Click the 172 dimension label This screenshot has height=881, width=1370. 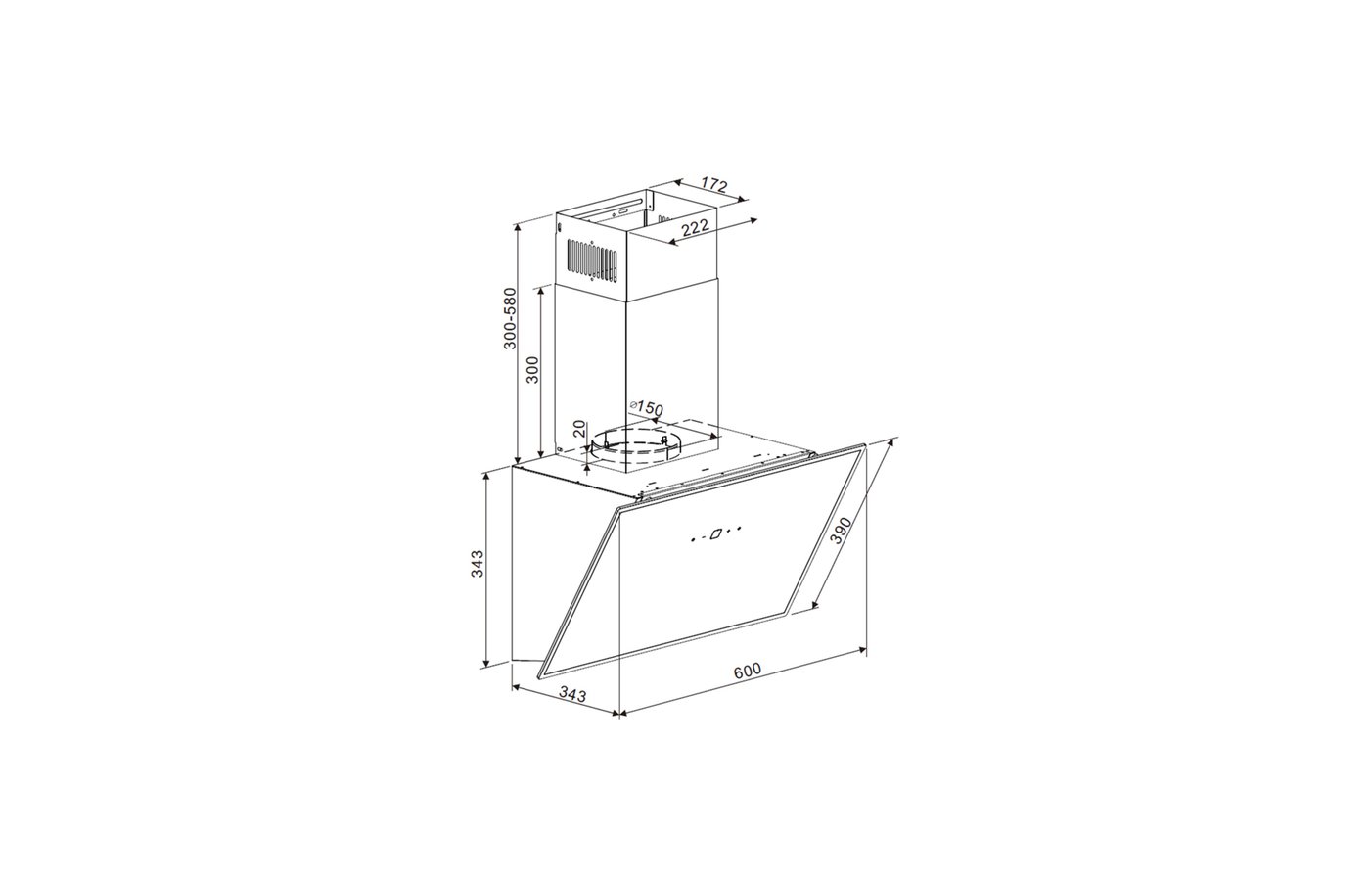[x=713, y=184]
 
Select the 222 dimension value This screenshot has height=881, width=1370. [x=695, y=227]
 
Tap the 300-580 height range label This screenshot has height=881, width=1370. [x=510, y=318]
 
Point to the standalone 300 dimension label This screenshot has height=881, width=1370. [x=532, y=370]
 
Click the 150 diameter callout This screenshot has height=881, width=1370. [x=647, y=408]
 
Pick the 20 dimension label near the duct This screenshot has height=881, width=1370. [x=578, y=429]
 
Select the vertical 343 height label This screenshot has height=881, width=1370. [x=478, y=564]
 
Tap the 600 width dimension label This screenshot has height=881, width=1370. [x=748, y=670]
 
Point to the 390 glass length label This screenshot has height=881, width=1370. [x=841, y=530]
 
